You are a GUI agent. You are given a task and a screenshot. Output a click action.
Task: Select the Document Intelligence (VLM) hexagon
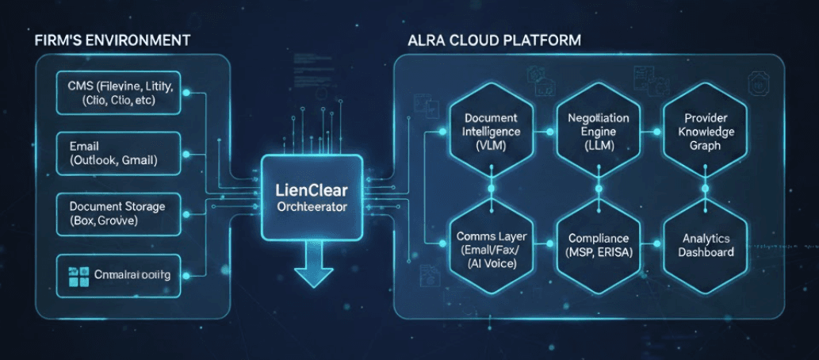(491, 132)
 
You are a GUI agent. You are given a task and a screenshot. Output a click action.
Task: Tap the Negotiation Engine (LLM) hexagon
(599, 132)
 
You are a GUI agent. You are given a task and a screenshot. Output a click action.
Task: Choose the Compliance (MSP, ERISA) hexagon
(599, 245)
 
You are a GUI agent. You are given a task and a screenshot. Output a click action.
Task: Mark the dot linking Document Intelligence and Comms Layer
(491, 189)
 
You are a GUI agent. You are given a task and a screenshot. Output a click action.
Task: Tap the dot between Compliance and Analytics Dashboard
(653, 245)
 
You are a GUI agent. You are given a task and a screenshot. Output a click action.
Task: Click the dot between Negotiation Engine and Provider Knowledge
(653, 132)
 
